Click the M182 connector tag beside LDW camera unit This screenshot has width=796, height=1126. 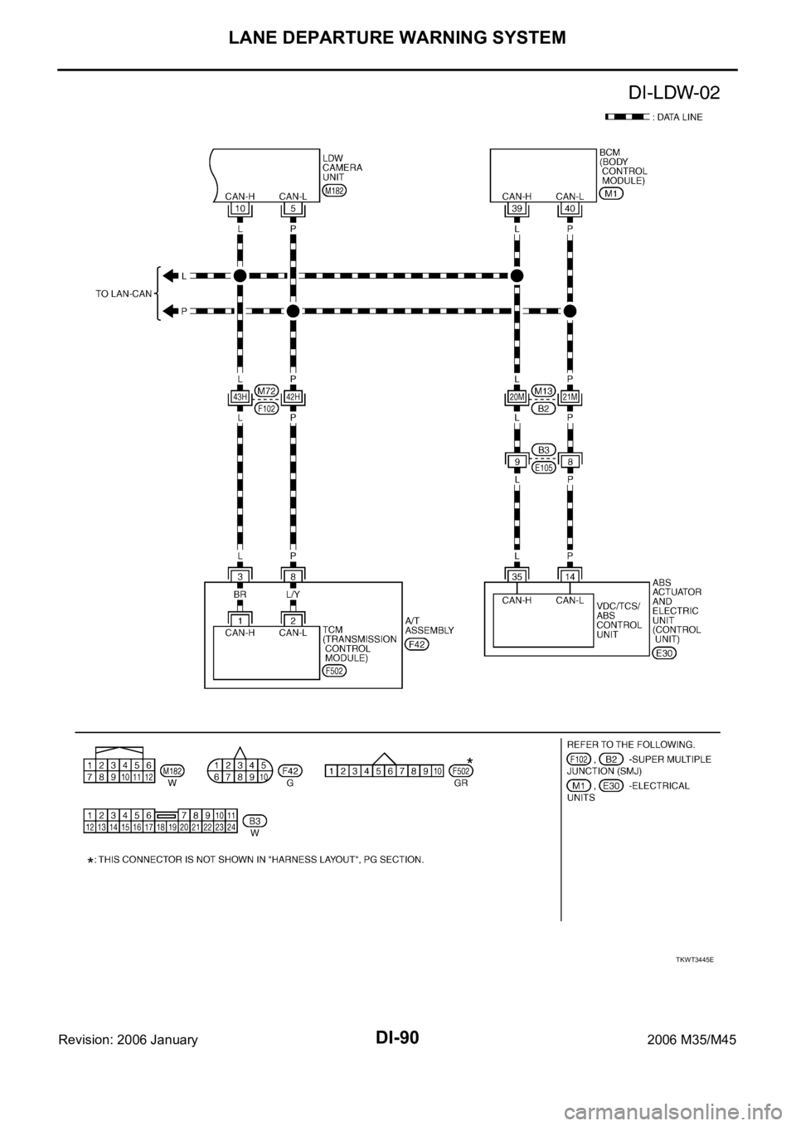[335, 191]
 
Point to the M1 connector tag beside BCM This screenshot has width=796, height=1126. [612, 193]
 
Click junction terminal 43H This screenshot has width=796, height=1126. [240, 397]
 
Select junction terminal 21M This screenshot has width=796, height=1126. [570, 397]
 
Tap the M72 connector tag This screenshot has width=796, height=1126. [267, 390]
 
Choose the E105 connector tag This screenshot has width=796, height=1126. [543, 468]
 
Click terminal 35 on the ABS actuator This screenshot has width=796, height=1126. [517, 576]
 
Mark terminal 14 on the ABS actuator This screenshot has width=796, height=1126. [570, 576]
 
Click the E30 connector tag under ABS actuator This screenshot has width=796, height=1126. [664, 653]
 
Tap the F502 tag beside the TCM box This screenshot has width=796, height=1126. [335, 671]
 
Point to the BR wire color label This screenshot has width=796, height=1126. [240, 595]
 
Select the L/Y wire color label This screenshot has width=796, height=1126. [293, 595]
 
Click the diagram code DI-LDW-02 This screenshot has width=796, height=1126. [674, 93]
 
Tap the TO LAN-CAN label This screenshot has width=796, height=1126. [124, 294]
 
